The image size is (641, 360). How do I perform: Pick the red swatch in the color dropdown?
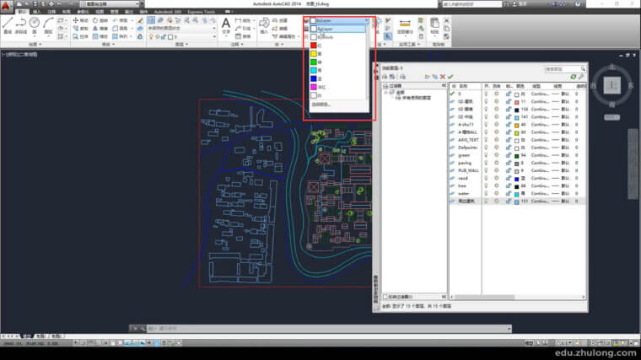click(314, 46)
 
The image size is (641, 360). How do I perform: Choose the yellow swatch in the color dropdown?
click(314, 55)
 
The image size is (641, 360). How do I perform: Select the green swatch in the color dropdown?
click(314, 63)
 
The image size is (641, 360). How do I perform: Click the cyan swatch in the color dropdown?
click(314, 71)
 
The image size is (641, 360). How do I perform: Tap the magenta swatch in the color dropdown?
click(314, 87)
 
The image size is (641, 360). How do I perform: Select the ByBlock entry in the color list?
click(325, 37)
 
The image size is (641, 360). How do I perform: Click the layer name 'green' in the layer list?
click(464, 155)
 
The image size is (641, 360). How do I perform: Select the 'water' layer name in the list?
click(464, 194)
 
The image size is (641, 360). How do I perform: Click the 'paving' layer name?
click(465, 163)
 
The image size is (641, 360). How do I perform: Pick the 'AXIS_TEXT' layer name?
click(468, 139)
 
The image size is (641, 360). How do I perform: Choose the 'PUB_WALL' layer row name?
click(469, 170)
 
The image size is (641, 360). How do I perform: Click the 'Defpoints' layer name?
click(468, 148)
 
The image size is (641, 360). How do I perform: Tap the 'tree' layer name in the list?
click(463, 186)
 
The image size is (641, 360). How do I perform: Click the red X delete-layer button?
click(440, 77)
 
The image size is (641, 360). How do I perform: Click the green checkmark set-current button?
click(450, 77)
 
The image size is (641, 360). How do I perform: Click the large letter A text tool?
click(226, 24)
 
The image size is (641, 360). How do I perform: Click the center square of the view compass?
click(612, 84)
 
